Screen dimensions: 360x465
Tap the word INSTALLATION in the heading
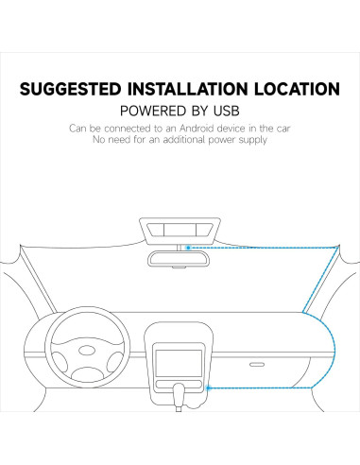tap(196, 91)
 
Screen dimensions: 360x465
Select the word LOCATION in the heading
tap(297, 91)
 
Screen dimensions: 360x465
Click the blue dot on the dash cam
tap(189, 248)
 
